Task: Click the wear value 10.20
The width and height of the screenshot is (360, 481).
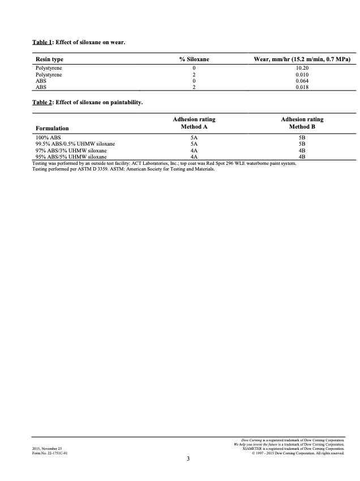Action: [x=302, y=68]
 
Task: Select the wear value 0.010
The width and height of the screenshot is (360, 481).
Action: [x=302, y=74]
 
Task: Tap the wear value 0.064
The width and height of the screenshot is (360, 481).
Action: [x=302, y=80]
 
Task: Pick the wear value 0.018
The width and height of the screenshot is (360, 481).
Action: [x=302, y=87]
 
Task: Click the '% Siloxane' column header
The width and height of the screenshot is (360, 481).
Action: [x=194, y=59]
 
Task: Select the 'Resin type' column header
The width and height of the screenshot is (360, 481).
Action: [x=49, y=59]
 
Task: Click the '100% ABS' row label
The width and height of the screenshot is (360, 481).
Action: [x=48, y=138]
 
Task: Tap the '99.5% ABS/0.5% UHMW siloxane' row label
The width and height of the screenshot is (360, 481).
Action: [x=75, y=144]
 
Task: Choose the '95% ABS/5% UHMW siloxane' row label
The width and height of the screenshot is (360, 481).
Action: [x=71, y=157]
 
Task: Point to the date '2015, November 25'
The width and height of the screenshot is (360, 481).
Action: [x=46, y=448]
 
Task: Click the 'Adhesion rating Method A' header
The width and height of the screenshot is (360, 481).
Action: [x=194, y=124]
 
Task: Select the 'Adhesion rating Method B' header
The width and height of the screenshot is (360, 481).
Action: [x=302, y=124]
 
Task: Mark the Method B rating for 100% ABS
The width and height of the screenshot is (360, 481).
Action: [x=302, y=138]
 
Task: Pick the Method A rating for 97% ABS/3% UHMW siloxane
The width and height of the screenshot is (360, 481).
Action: [x=194, y=151]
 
